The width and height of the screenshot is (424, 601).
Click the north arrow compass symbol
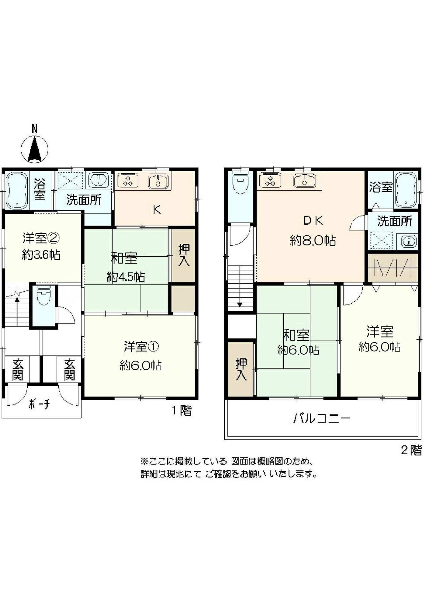click(x=34, y=149)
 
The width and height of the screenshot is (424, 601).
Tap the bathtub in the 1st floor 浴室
click(x=16, y=190)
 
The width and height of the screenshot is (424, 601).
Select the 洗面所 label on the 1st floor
click(x=84, y=200)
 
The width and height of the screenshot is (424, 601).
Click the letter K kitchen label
click(x=157, y=210)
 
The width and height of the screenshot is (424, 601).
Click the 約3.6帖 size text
click(x=41, y=255)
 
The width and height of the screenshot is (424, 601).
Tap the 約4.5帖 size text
click(x=125, y=277)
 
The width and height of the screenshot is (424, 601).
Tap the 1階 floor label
click(x=181, y=410)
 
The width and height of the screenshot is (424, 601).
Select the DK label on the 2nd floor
click(x=313, y=221)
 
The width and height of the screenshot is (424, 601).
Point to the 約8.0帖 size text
click(x=313, y=241)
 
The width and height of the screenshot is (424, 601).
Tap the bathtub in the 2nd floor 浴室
click(x=406, y=190)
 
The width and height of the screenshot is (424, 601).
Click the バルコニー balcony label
click(x=322, y=418)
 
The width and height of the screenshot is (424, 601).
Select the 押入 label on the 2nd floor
click(x=241, y=369)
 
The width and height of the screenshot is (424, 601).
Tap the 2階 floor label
click(x=411, y=450)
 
